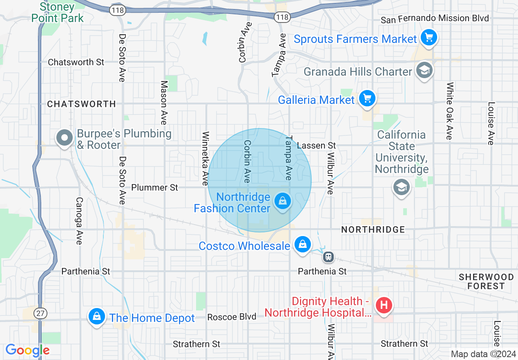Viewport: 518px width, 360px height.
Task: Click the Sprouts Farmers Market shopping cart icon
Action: (x=428, y=38)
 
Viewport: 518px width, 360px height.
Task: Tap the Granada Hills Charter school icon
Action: (x=424, y=71)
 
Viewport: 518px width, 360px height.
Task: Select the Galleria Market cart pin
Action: (x=367, y=99)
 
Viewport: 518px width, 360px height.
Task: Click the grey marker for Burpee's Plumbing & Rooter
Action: (x=65, y=138)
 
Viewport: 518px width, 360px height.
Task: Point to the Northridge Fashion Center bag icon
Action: (x=282, y=201)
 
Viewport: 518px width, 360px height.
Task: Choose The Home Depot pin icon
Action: (x=97, y=316)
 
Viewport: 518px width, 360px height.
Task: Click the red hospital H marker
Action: (x=384, y=305)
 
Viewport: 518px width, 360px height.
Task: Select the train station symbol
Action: (x=328, y=257)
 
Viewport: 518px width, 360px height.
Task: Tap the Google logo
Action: (x=28, y=350)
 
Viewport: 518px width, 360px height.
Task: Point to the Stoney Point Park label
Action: (x=57, y=13)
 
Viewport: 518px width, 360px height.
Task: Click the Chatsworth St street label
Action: (x=76, y=62)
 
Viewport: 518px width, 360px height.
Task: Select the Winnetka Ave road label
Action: (x=205, y=158)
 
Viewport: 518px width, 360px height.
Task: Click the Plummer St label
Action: (x=154, y=187)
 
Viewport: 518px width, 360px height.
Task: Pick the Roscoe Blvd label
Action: (x=232, y=317)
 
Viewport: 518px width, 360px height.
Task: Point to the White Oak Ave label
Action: (x=449, y=111)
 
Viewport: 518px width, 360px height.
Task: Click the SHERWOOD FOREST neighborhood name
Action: (x=486, y=281)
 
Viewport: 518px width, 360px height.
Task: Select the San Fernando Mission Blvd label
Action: (x=435, y=18)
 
